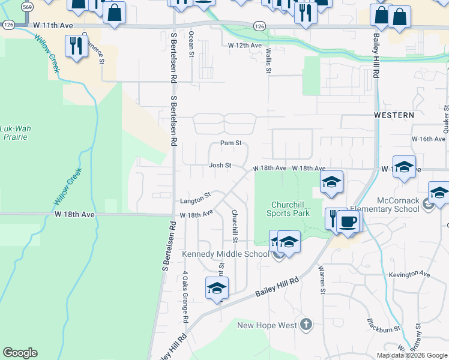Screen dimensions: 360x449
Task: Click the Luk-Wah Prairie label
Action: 14,133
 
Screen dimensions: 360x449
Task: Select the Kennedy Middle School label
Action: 226,254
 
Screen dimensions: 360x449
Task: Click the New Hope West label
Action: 267,325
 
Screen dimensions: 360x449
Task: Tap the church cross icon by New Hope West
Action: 306,325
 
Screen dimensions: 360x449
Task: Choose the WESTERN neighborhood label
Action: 394,115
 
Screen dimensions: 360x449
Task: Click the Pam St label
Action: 231,143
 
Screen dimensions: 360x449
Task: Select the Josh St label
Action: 220,166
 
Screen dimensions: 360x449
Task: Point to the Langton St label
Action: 196,196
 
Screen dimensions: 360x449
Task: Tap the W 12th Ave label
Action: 245,46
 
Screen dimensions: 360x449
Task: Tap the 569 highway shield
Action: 27,8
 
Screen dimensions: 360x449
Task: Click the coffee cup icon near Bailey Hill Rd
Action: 349,221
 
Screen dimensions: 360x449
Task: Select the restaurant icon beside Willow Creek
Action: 76,47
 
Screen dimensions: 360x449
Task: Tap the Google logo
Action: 20,353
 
